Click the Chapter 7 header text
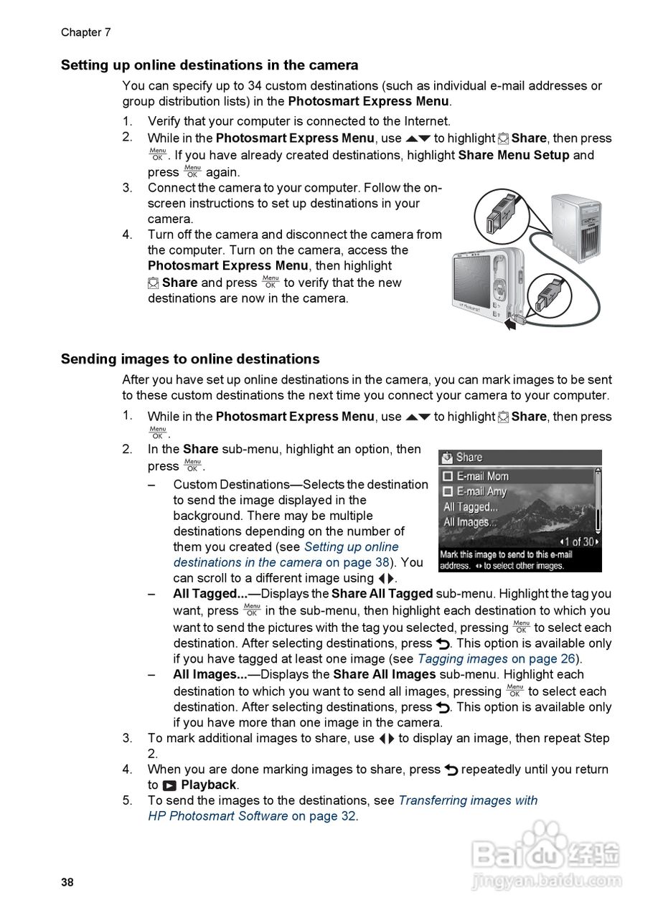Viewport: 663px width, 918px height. click(85, 32)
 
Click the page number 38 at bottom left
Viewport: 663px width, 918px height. click(67, 882)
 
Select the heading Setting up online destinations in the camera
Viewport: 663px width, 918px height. click(210, 65)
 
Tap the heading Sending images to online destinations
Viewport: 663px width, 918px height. click(190, 359)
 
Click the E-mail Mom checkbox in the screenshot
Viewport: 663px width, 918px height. click(448, 476)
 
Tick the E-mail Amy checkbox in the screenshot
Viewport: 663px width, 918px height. click(448, 492)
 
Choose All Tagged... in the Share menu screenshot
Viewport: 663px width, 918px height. click(470, 507)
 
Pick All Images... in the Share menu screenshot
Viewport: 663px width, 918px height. click(470, 522)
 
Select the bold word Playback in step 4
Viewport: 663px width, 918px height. click(208, 785)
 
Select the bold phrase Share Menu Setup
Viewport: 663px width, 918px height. click(514, 155)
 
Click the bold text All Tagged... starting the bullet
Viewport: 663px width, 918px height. click(210, 594)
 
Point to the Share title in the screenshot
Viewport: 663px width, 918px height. click(469, 458)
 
